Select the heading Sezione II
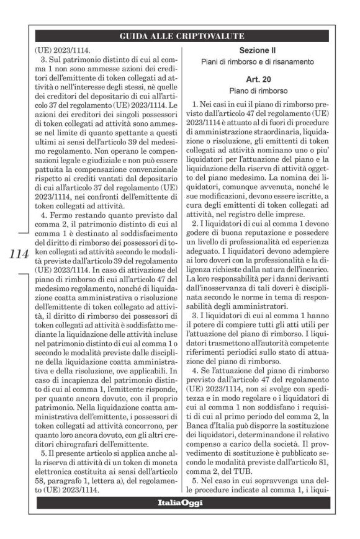[x=260, y=49]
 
